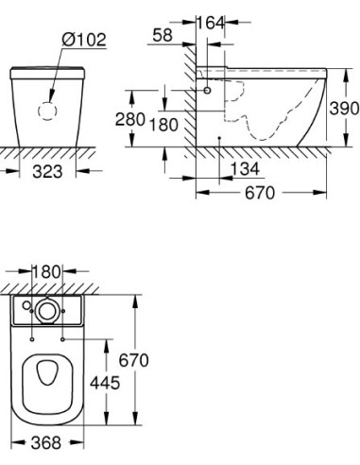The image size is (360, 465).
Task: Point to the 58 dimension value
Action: coord(161,35)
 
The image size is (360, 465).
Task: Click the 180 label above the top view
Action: coord(47,272)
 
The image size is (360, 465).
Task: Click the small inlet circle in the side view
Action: coord(207,91)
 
